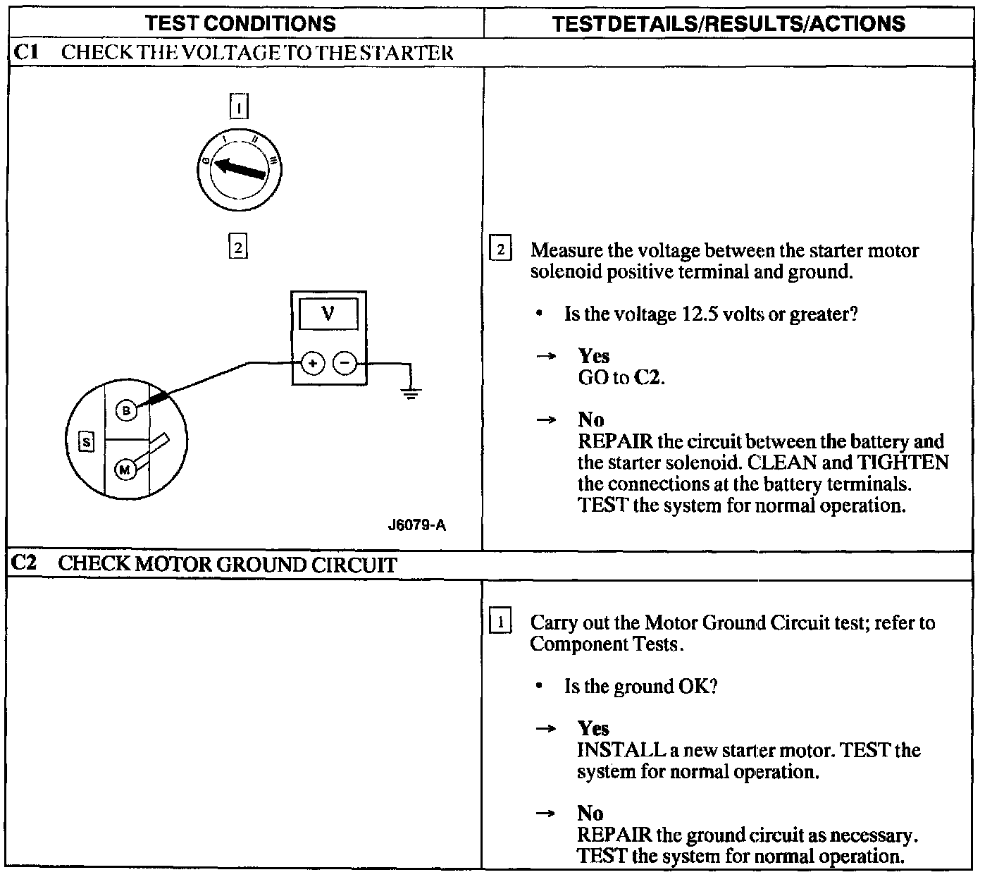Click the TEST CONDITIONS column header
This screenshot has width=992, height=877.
click(240, 23)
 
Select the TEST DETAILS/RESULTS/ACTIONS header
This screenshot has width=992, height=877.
click(728, 23)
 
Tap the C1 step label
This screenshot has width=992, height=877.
click(25, 52)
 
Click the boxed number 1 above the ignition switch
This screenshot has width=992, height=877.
click(240, 107)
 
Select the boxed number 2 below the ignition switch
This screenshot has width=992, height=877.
click(238, 247)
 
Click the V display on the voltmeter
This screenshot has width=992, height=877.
click(328, 313)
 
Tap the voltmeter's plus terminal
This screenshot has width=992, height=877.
click(312, 364)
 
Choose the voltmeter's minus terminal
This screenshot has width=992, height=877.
click(345, 364)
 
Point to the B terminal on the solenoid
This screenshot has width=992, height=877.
click(125, 411)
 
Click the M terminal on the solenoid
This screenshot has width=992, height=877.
click(125, 470)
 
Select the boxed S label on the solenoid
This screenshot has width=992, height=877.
click(86, 442)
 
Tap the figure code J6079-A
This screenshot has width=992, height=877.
click(416, 525)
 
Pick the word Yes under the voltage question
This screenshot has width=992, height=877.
click(593, 356)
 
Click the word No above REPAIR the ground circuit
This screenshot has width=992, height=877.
click(590, 814)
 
